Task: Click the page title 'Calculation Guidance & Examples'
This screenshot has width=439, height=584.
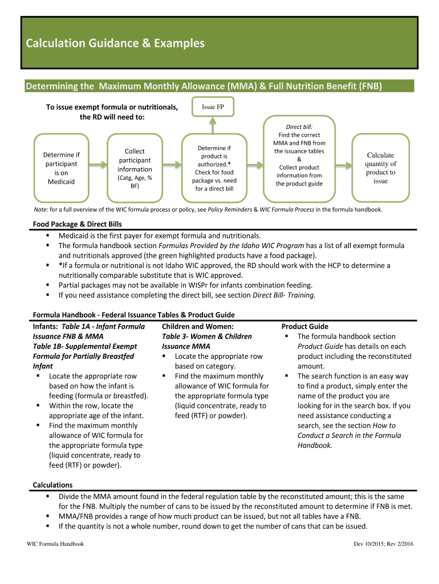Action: pos(112,43)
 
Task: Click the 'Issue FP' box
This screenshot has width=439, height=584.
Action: pos(213,107)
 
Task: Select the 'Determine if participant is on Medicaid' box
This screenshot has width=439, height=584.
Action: pos(62,168)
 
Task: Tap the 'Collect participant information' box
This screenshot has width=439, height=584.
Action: pos(135,168)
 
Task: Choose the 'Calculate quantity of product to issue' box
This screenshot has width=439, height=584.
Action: pos(380,168)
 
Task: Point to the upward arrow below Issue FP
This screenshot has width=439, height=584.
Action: pos(213,124)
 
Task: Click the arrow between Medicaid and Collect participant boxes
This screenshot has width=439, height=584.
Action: pos(97,165)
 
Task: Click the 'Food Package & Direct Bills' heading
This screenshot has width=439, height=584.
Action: pos(77,224)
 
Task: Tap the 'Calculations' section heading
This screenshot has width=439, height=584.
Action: pos(52,485)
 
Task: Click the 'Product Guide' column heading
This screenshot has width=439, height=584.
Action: pos(305,327)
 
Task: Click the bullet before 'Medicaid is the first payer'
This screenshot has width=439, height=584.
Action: pos(48,236)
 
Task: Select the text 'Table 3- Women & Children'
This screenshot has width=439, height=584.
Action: pos(206,336)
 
